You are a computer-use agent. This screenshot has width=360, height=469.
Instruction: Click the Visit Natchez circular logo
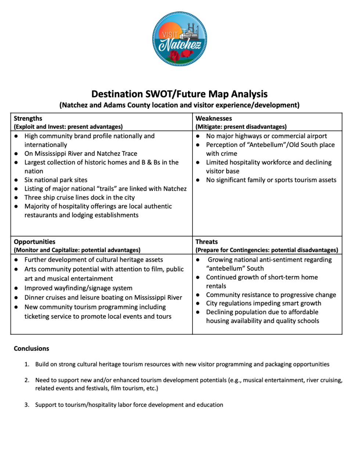[180, 39]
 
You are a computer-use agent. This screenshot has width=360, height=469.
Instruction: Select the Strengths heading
[28, 118]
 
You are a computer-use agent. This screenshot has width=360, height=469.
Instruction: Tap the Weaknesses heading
[213, 118]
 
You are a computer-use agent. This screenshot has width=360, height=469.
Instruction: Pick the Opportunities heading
[35, 241]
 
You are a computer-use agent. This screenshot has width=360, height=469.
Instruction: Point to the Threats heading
[206, 241]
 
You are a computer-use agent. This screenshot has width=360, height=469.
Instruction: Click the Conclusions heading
[31, 348]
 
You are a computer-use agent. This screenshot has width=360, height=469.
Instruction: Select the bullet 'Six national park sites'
[56, 180]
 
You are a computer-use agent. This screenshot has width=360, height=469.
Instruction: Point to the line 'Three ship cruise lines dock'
[79, 197]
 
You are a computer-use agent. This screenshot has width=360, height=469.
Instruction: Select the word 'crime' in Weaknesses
[229, 153]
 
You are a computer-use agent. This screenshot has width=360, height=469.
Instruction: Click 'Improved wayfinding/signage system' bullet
[78, 288]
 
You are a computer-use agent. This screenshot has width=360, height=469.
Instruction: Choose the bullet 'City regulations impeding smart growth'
[263, 303]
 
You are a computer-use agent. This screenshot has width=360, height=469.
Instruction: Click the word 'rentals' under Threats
[216, 286]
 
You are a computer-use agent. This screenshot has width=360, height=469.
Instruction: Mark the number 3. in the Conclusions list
[27, 405]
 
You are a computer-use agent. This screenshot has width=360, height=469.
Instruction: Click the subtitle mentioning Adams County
[179, 105]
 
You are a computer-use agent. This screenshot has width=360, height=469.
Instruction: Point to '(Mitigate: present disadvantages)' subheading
[241, 127]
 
